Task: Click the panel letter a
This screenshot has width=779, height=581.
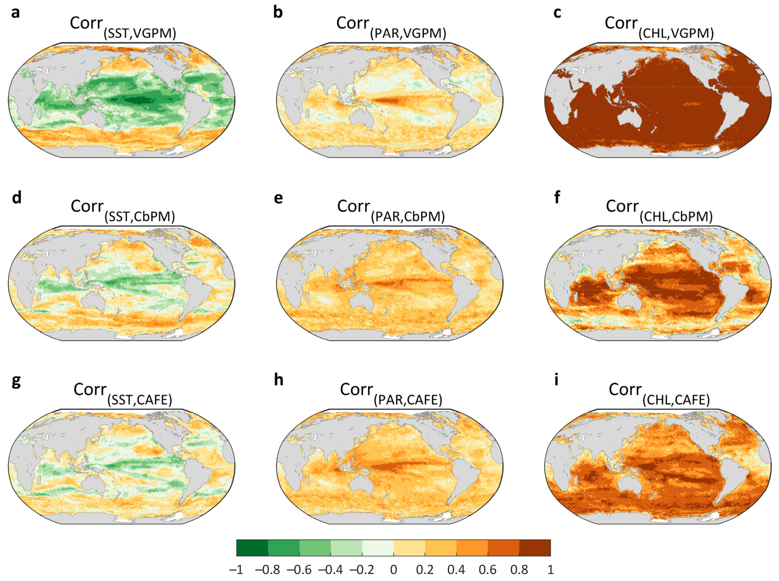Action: point(15,13)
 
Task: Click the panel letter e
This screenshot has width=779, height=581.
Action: point(278,198)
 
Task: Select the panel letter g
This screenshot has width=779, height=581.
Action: point(16,382)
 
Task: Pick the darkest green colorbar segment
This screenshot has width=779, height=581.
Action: point(252,548)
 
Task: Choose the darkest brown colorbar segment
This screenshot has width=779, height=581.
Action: point(535,548)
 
